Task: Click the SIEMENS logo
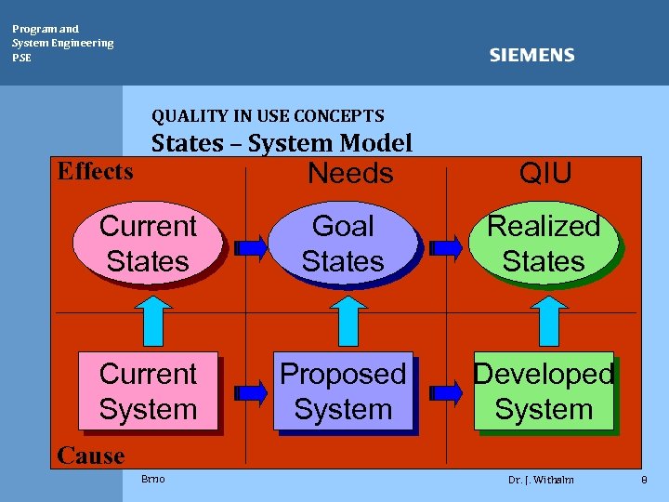tap(531, 56)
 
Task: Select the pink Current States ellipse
tap(148, 244)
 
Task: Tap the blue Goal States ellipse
tap(343, 244)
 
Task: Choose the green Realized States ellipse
tap(544, 244)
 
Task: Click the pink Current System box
tap(148, 391)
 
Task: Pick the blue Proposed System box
tap(343, 391)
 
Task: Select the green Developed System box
tap(544, 391)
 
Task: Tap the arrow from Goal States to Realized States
tap(448, 247)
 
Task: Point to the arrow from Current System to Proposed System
tap(249, 393)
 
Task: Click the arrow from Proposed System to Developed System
tap(448, 393)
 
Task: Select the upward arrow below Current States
tap(148, 318)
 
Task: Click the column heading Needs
tap(350, 174)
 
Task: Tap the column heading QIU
tap(545, 172)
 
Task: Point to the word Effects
tap(95, 171)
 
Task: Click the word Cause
tap(90, 456)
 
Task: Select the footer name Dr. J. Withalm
tap(541, 480)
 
